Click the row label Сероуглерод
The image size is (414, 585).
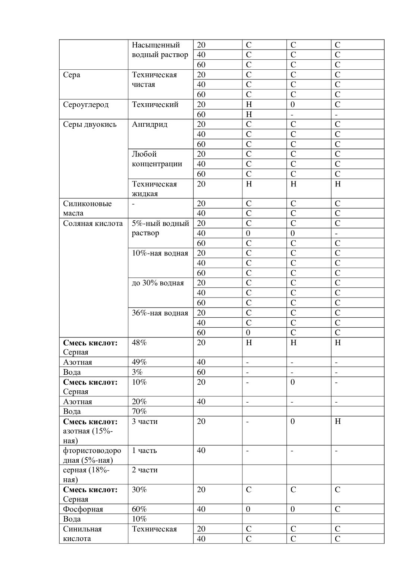(x=85, y=104)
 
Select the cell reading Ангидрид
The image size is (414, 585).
(x=149, y=124)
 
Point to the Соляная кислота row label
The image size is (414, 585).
(x=92, y=223)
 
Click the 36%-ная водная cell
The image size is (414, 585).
(x=160, y=313)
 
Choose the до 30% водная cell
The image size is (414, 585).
(x=157, y=283)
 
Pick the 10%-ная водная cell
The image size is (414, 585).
(x=160, y=253)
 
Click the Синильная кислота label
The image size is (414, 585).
(x=82, y=534)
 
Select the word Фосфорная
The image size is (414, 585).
(x=83, y=509)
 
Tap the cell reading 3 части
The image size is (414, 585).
(x=144, y=421)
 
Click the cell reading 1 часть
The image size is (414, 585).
(x=144, y=450)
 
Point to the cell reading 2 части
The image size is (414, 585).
(x=144, y=470)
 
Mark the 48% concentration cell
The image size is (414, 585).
(x=139, y=342)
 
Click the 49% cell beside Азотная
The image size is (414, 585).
(x=139, y=362)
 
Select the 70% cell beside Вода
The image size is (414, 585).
(x=139, y=411)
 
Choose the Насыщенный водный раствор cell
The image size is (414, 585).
(x=160, y=50)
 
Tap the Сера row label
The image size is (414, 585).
(x=71, y=75)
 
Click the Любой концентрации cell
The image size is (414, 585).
(x=157, y=159)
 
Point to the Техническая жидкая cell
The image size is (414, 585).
(x=154, y=189)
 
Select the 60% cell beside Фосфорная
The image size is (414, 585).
(x=139, y=509)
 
